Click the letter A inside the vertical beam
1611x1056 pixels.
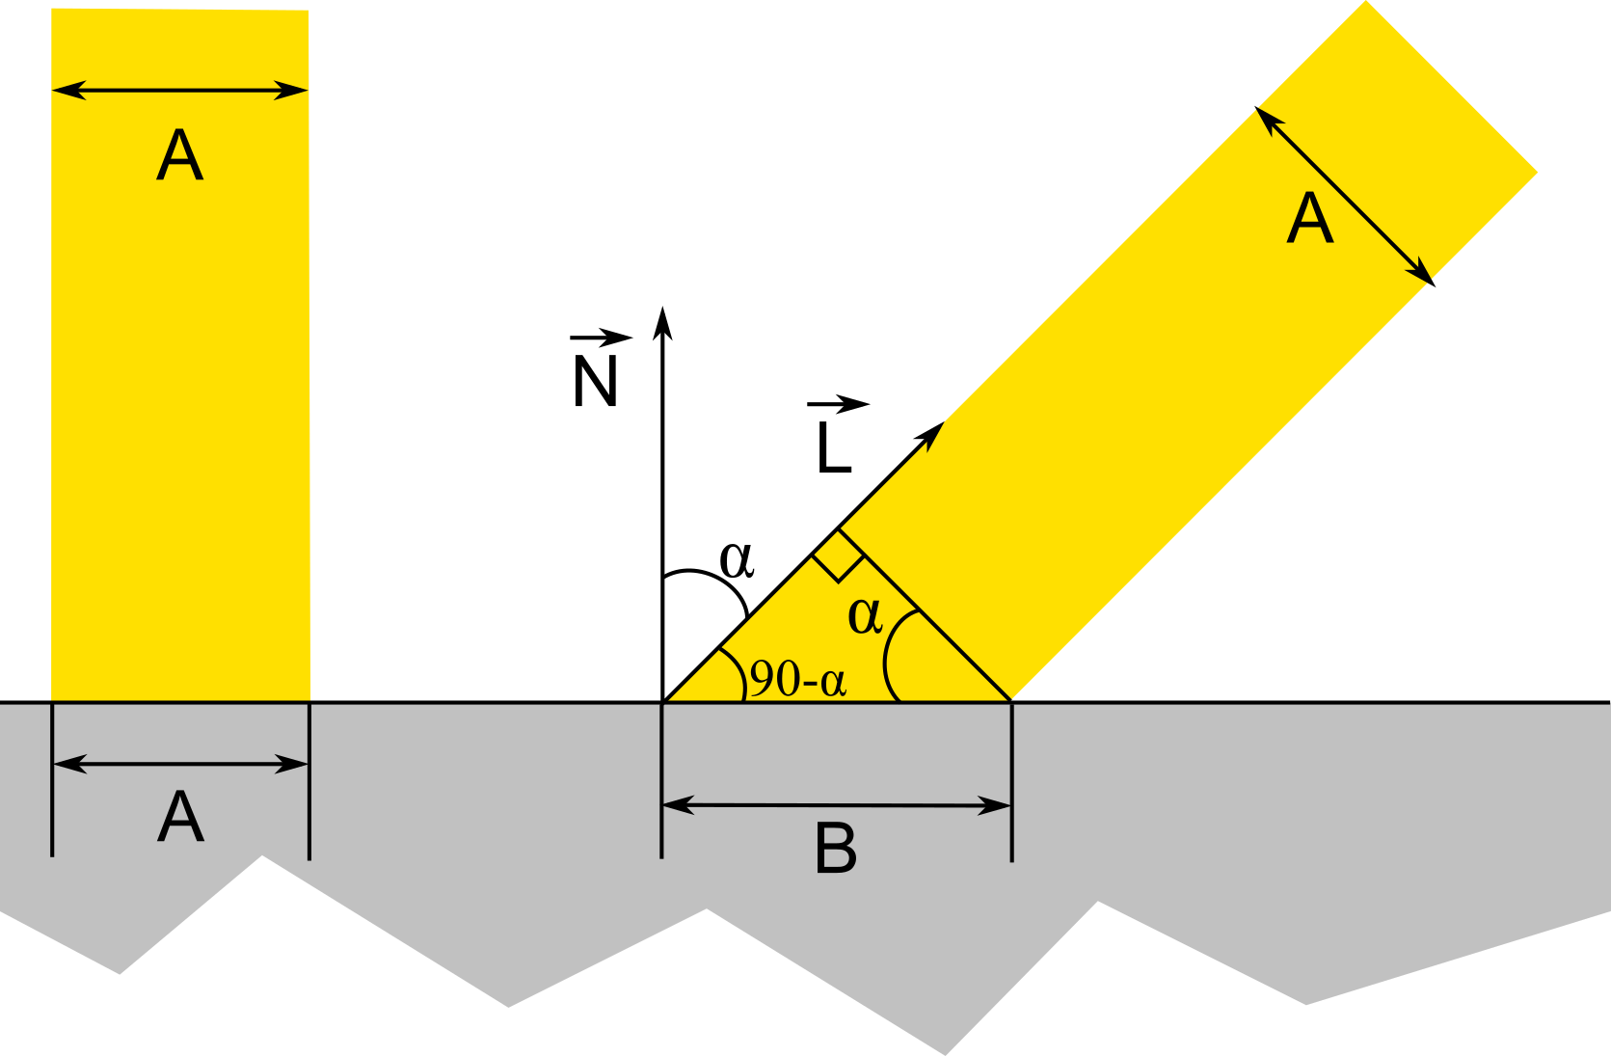(x=180, y=155)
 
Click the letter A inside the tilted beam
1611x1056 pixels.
(x=1309, y=219)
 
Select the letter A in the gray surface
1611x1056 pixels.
(x=180, y=818)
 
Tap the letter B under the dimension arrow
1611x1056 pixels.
(x=836, y=850)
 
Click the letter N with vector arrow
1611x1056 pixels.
(x=594, y=382)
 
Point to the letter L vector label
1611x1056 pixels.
(x=833, y=448)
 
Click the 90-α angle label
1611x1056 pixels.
(x=798, y=679)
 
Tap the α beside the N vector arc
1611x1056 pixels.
(x=737, y=558)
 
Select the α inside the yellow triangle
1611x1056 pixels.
(x=865, y=615)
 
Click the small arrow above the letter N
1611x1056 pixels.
(x=602, y=338)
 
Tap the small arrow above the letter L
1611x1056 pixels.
(x=839, y=404)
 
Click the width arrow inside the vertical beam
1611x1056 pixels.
(x=180, y=91)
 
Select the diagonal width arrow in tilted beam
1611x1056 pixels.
(x=1345, y=197)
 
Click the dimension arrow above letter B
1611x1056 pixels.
(x=836, y=804)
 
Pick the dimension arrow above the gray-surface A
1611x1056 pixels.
(x=180, y=764)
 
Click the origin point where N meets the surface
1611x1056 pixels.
(x=662, y=701)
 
